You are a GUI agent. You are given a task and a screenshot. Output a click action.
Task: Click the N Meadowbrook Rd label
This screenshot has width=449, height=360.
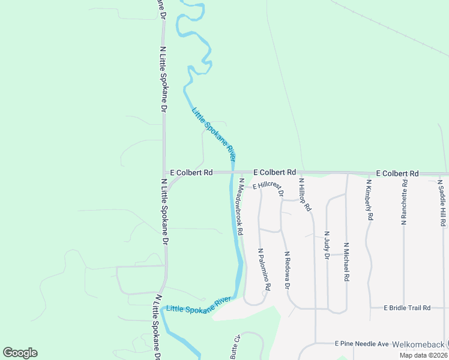240,206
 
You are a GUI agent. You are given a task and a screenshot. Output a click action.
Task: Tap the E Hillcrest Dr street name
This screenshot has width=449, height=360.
268,187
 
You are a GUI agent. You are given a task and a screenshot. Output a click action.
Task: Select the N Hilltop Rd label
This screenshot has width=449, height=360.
305,194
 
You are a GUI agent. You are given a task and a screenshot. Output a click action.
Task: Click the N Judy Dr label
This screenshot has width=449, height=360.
327,245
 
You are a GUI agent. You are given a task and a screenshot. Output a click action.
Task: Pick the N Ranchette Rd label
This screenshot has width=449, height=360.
405,202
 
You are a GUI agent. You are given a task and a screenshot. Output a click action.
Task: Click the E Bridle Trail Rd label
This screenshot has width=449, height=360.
408,308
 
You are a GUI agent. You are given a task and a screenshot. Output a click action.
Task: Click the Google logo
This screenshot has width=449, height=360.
20,353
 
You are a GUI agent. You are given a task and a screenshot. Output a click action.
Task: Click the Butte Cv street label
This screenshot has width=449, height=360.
235,347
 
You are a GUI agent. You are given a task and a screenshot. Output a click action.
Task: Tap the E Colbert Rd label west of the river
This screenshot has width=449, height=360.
191,172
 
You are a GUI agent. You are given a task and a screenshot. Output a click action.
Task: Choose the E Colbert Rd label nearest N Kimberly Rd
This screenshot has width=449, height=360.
397,173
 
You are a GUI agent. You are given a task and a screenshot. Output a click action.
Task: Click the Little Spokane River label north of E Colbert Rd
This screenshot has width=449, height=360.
213,133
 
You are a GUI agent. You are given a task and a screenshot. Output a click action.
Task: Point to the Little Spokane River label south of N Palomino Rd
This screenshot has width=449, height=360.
199,304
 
